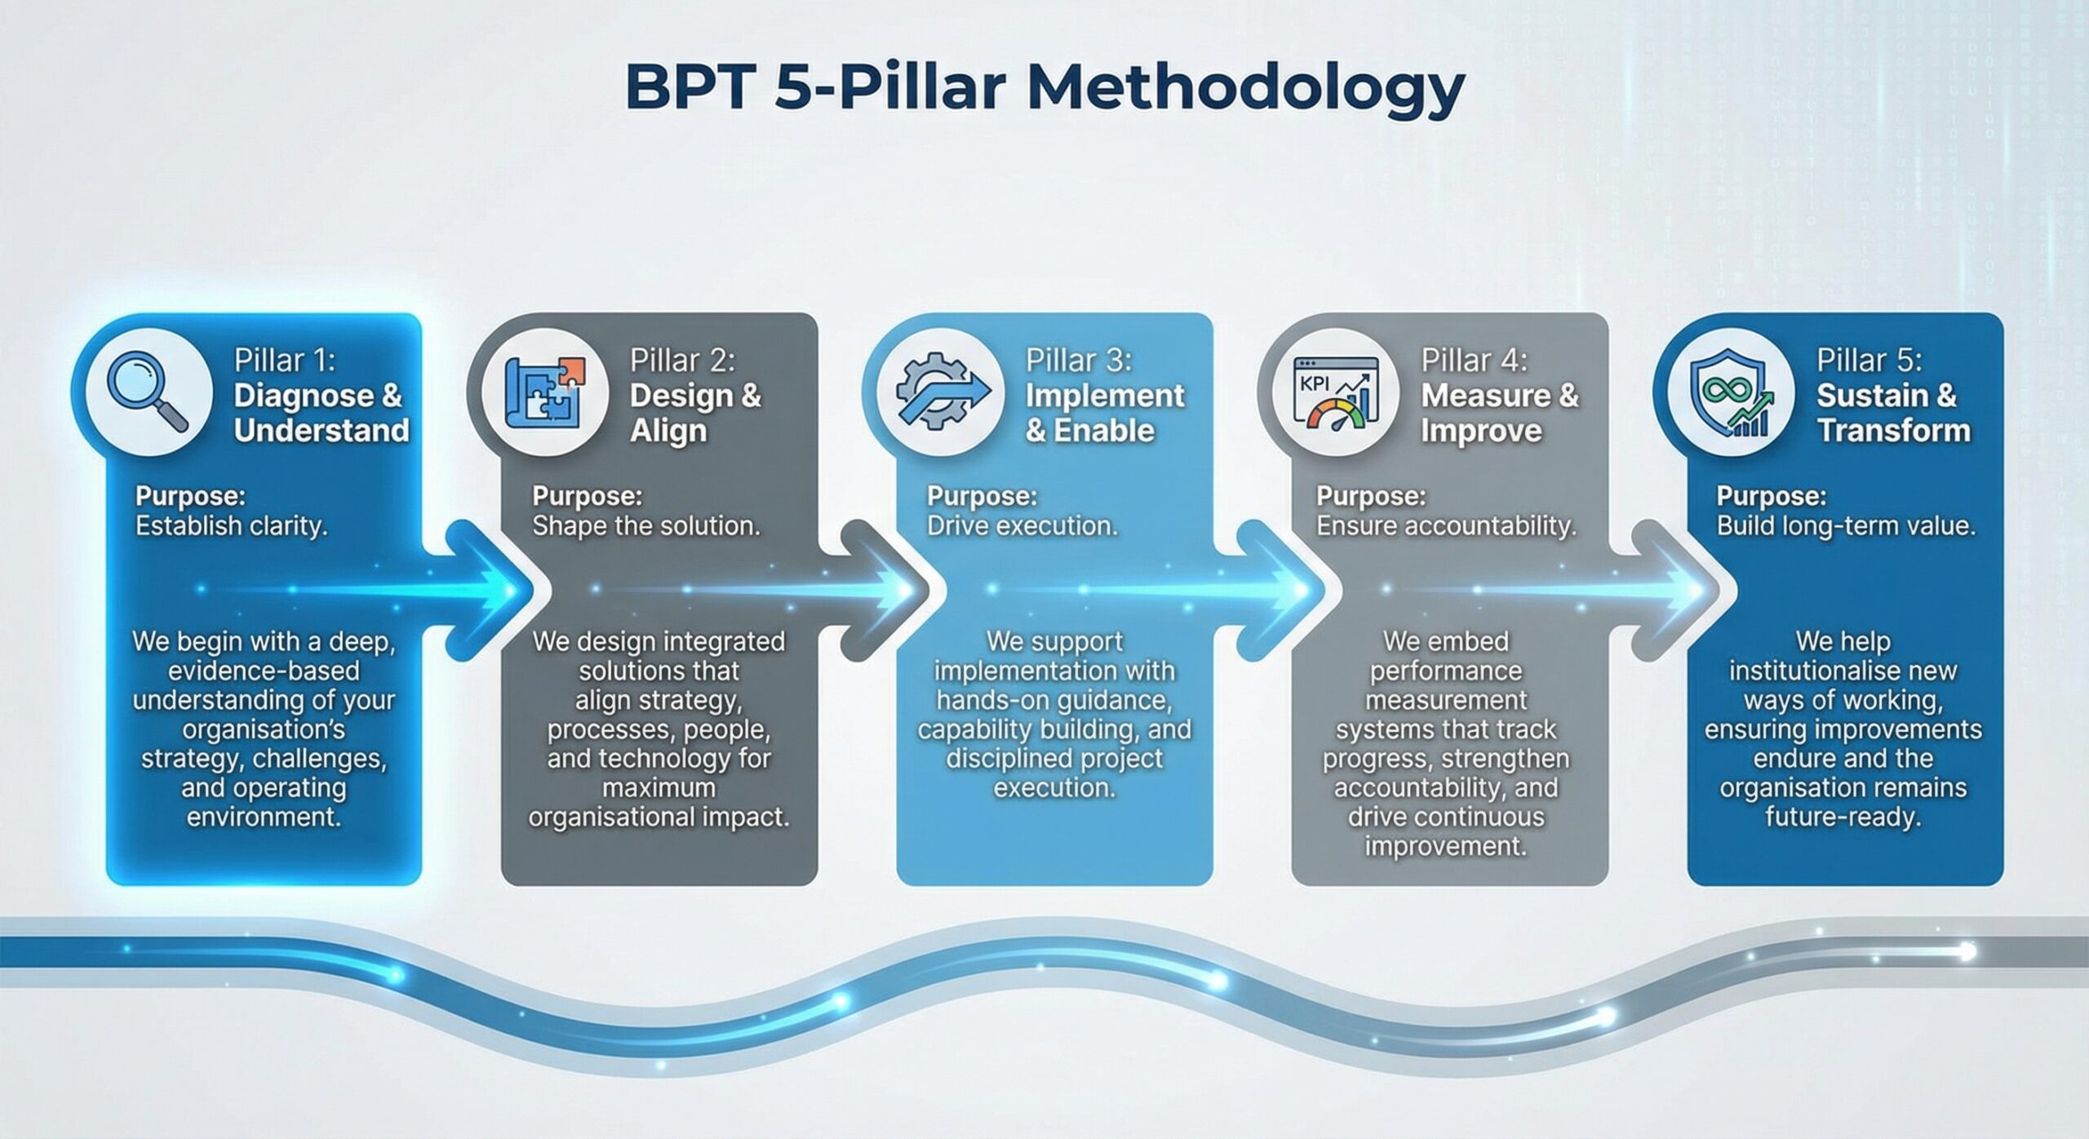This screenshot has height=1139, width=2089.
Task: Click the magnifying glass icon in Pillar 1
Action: (148, 391)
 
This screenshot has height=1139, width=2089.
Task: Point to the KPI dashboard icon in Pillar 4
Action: (1337, 392)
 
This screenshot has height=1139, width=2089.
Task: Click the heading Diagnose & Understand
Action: (322, 413)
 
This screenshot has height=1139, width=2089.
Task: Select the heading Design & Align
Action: (695, 413)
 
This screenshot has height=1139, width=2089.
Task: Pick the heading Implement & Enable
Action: (1104, 413)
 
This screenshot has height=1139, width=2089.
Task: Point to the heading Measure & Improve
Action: (1500, 413)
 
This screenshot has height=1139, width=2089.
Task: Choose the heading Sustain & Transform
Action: (1893, 413)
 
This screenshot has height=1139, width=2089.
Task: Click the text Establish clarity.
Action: (232, 526)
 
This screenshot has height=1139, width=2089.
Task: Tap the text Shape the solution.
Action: (646, 526)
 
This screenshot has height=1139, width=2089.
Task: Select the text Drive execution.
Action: (1022, 526)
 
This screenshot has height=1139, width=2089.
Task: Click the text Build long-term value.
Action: (1846, 526)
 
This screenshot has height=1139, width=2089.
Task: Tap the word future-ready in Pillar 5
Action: (1843, 817)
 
